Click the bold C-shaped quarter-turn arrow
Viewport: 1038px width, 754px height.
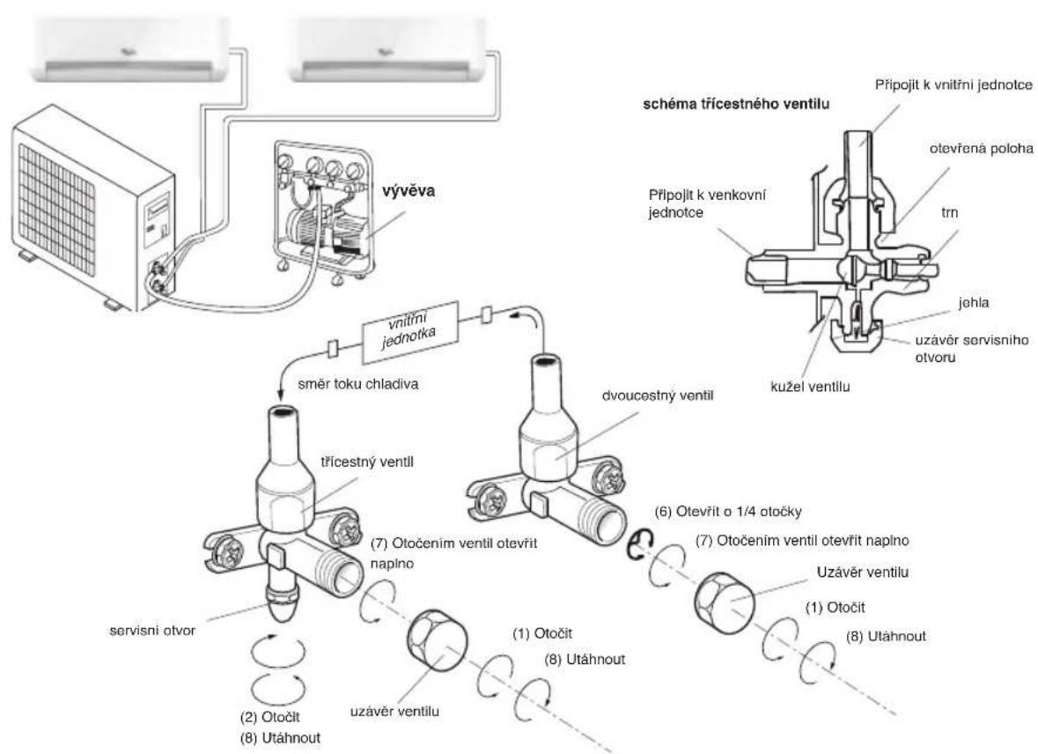[639, 548]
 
